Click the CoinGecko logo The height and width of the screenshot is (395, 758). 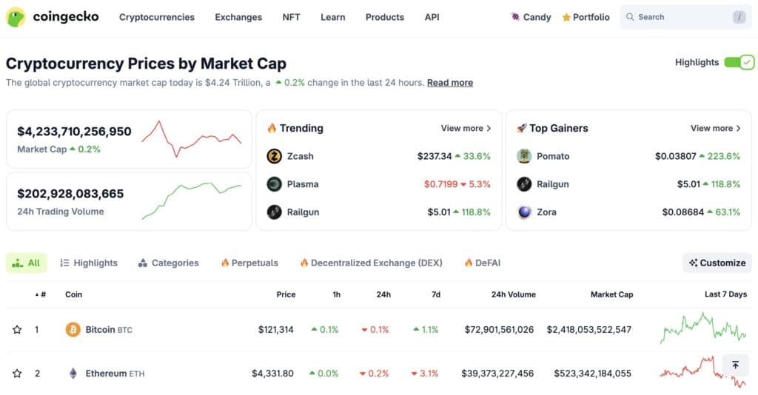[x=52, y=17]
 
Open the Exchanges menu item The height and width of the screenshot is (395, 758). [x=238, y=17]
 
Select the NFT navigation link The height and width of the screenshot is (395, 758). [x=291, y=17]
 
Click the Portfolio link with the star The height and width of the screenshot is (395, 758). [x=586, y=17]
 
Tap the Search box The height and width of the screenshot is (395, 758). [x=677, y=17]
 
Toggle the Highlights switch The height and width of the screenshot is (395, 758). [x=739, y=62]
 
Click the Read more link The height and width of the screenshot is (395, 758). [x=450, y=83]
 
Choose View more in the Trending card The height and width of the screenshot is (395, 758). [x=466, y=128]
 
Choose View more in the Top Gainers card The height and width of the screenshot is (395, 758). [x=716, y=128]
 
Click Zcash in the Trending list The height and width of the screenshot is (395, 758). [x=300, y=156]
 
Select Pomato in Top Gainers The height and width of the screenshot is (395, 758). [x=552, y=156]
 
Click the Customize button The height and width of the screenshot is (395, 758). [x=717, y=263]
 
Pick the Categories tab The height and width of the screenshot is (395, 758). [x=175, y=263]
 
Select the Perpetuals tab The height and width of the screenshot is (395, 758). [x=254, y=263]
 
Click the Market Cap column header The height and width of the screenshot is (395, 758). [x=611, y=294]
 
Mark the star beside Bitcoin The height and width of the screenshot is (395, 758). [x=17, y=329]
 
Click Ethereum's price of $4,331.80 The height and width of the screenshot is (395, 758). [x=272, y=374]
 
